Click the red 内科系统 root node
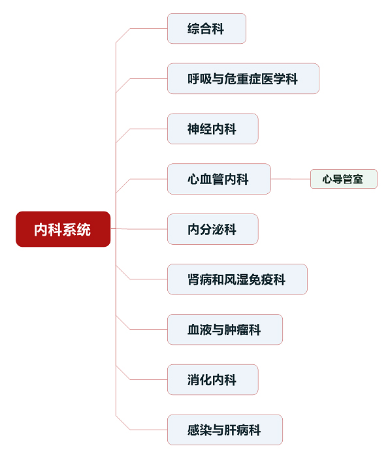click(63, 229)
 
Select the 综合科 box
click(206, 29)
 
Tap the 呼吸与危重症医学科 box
click(243, 79)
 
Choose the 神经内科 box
click(212, 129)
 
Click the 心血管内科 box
click(219, 179)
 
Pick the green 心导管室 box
click(344, 179)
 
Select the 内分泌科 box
click(212, 229)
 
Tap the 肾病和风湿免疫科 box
click(237, 279)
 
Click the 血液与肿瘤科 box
click(225, 329)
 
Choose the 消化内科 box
click(212, 379)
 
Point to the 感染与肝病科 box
click(225, 430)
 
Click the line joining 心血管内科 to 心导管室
click(291, 179)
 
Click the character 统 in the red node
click(84, 230)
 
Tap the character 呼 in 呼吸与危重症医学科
click(193, 79)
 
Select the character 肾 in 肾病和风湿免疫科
click(193, 279)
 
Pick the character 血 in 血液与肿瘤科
click(193, 330)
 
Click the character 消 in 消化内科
click(193, 380)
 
